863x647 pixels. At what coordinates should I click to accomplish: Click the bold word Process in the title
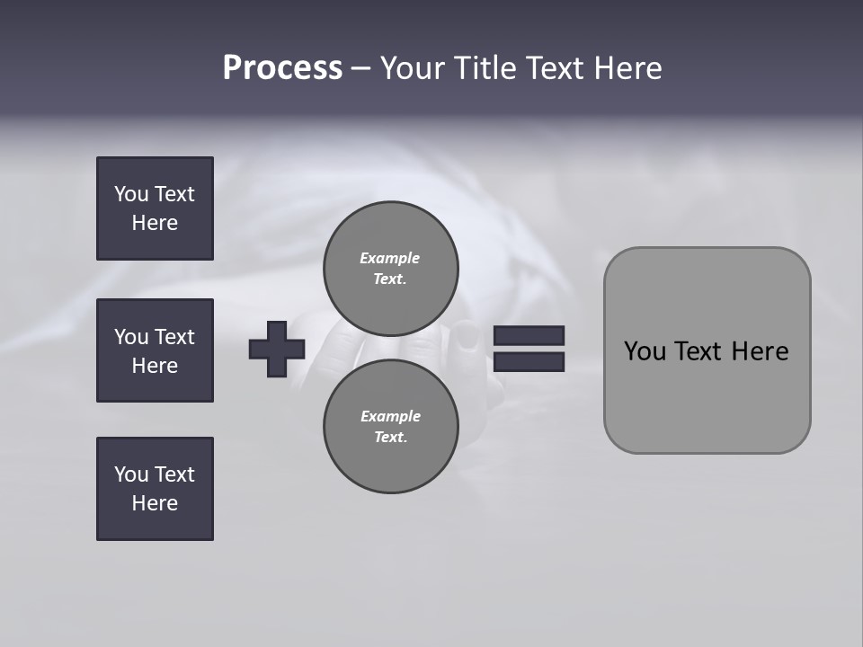(282, 68)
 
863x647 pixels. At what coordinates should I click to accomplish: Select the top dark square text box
(155, 208)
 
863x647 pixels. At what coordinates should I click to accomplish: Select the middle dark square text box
(155, 350)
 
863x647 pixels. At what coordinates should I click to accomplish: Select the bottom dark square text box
(155, 489)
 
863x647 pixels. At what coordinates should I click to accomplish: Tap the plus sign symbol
(277, 349)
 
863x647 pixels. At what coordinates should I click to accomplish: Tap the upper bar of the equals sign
(529, 335)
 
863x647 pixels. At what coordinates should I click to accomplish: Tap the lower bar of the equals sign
(529, 362)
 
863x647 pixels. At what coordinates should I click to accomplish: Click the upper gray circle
(390, 269)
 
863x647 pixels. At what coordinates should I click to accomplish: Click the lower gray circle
(390, 427)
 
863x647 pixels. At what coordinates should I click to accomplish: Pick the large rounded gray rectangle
(707, 395)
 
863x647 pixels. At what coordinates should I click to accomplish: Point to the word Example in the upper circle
(389, 258)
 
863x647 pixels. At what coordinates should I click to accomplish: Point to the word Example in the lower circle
(390, 416)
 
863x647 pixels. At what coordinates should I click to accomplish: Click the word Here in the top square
(155, 223)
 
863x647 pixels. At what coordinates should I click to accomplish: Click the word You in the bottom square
(130, 474)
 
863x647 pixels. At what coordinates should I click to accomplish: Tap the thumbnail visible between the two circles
(467, 337)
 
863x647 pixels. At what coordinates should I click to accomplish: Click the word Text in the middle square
(174, 337)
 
